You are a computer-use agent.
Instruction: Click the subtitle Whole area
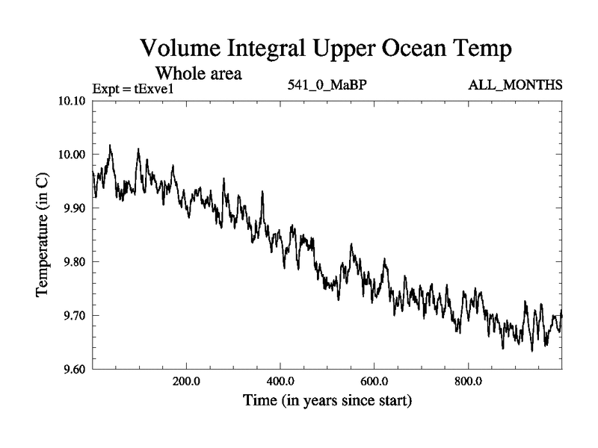[198, 74]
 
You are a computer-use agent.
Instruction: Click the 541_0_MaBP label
[327, 84]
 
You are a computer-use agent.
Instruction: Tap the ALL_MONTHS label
[515, 84]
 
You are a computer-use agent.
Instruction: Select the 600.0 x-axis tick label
[374, 381]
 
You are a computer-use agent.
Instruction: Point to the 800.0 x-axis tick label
[468, 381]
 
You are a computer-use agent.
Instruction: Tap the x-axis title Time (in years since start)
[327, 401]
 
